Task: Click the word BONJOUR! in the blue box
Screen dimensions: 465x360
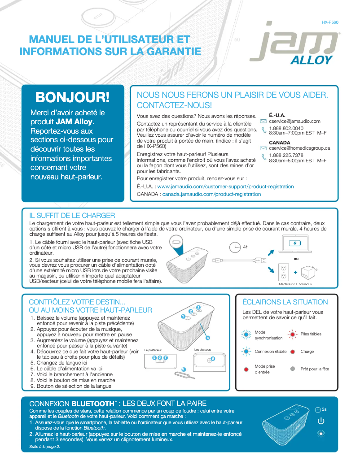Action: click(x=72, y=97)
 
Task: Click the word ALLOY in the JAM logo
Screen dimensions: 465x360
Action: click(x=311, y=61)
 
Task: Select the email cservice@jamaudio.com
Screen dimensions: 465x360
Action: click(x=294, y=121)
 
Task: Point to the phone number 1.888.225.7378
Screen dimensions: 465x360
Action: click(x=286, y=155)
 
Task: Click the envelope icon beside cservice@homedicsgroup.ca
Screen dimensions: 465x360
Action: click(x=263, y=148)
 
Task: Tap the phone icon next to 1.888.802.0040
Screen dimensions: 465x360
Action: click(x=263, y=130)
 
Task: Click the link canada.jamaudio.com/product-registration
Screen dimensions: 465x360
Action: click(x=211, y=194)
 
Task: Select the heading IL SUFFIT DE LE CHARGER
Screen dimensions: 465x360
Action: click(x=72, y=215)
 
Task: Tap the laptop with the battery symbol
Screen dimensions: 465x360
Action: click(x=294, y=244)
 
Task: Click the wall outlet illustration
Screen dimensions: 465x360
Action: click(x=283, y=272)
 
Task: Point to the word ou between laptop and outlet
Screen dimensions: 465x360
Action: click(x=296, y=259)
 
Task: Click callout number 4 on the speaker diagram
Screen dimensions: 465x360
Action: click(x=208, y=337)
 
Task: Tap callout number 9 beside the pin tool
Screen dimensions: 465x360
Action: click(x=183, y=369)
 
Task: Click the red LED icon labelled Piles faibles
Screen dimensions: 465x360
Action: click(x=292, y=334)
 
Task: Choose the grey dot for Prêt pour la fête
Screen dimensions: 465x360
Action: click(x=292, y=369)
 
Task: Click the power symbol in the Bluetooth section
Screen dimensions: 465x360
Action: click(x=320, y=421)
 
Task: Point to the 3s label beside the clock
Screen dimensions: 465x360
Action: click(x=324, y=409)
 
